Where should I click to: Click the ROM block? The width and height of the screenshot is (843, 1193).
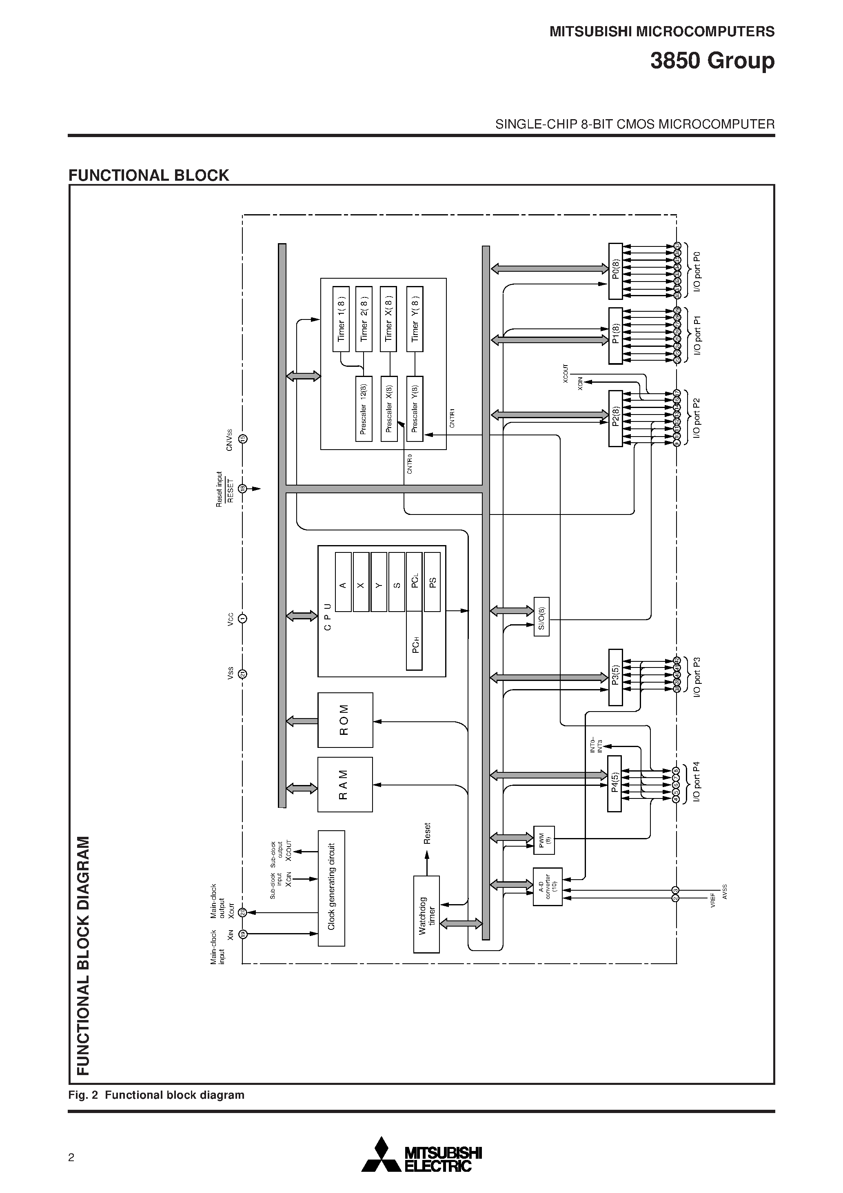345,720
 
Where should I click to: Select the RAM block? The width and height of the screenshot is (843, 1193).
345,784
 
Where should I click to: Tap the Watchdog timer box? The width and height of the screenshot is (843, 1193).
426,914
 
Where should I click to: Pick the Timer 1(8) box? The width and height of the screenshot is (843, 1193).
341,319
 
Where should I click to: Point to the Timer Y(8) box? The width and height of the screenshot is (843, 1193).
415,319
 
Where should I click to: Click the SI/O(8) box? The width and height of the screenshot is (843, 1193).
541,617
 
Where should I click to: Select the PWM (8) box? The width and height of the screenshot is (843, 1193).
544,840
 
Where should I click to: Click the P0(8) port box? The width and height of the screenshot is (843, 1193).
615,271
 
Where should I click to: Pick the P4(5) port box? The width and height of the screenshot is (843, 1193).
615,783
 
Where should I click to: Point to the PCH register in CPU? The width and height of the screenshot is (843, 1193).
414,641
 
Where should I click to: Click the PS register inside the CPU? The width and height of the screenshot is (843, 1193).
433,581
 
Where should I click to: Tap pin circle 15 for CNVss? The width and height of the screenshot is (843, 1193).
243,439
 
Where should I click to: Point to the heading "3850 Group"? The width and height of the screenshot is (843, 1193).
712,61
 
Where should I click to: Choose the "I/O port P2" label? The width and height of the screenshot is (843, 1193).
697,418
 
